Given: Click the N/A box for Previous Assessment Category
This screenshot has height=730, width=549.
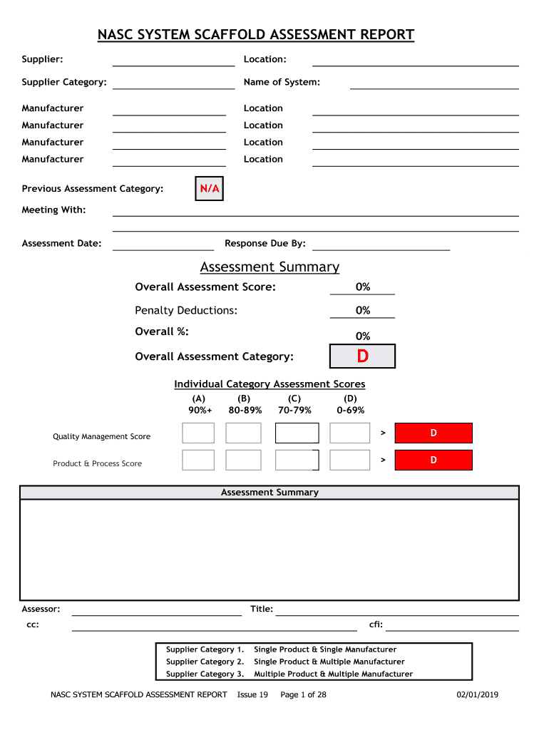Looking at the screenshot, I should point(209,189).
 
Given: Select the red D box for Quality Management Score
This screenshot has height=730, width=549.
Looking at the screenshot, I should point(433,433).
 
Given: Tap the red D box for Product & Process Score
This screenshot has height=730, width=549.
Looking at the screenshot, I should point(433,460).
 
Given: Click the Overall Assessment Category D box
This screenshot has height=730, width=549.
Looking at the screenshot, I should point(362,356).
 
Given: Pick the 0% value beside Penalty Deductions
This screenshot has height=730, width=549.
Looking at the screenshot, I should point(362,311).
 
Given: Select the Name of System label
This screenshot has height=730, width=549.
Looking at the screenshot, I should point(282,82).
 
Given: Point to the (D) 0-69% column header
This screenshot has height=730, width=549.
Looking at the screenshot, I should point(350,404).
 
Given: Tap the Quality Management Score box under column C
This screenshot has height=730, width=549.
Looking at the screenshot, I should point(297,433).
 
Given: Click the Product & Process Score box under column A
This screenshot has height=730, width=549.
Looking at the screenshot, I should point(198,460).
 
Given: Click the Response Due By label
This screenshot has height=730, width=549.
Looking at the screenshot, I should point(265,244).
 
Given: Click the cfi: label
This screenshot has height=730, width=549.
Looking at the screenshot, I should point(376,624).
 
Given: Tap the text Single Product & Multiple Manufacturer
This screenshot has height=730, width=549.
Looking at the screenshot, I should point(329,662).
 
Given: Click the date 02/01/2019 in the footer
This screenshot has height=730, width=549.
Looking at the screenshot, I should point(478,694).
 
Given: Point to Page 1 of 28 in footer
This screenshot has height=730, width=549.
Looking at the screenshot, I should point(303,694).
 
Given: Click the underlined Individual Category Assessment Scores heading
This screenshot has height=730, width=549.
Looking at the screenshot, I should point(270,384).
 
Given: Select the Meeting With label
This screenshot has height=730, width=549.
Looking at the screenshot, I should point(53,210).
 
